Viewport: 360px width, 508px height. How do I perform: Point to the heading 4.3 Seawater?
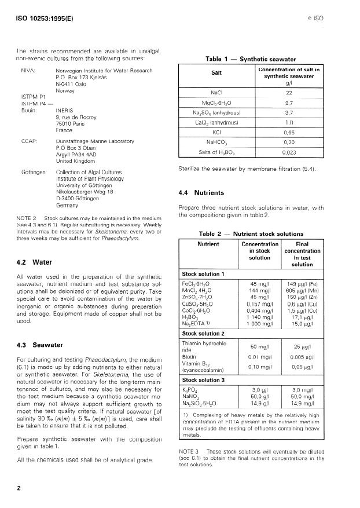point(39,345)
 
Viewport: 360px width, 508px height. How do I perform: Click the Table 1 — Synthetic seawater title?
point(253,59)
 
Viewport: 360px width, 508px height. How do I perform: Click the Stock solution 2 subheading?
point(203,334)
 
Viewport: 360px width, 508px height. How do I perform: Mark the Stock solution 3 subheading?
point(203,380)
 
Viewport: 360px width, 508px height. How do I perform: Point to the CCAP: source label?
point(30,141)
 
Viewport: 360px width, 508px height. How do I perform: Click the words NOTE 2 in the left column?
point(27,218)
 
